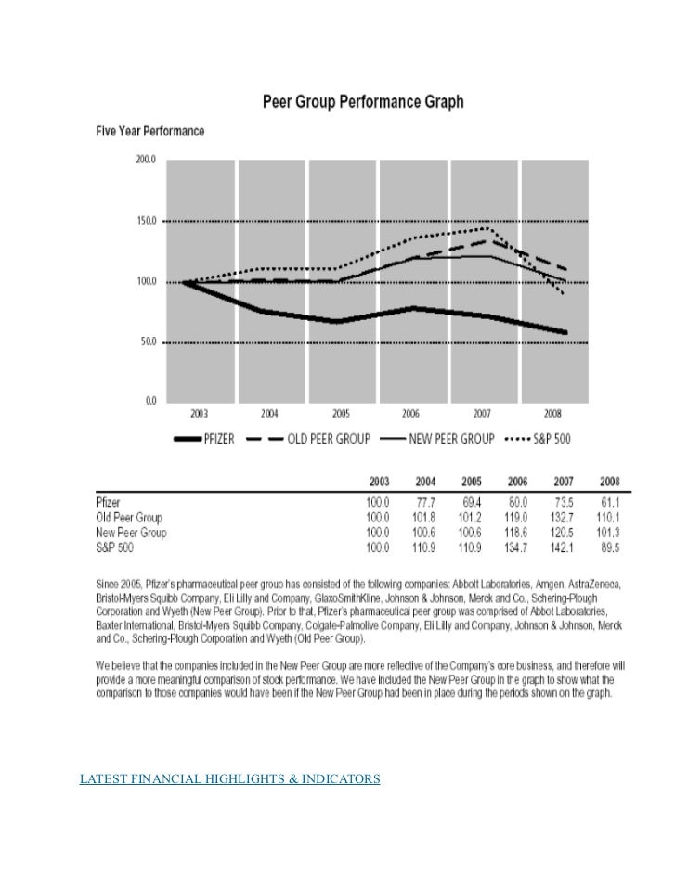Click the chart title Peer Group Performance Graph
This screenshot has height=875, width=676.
click(362, 101)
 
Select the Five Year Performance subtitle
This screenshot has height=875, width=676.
click(150, 132)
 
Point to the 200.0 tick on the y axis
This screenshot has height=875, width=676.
click(147, 160)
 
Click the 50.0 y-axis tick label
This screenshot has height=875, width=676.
click(149, 342)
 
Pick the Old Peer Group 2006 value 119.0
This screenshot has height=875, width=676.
click(517, 514)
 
